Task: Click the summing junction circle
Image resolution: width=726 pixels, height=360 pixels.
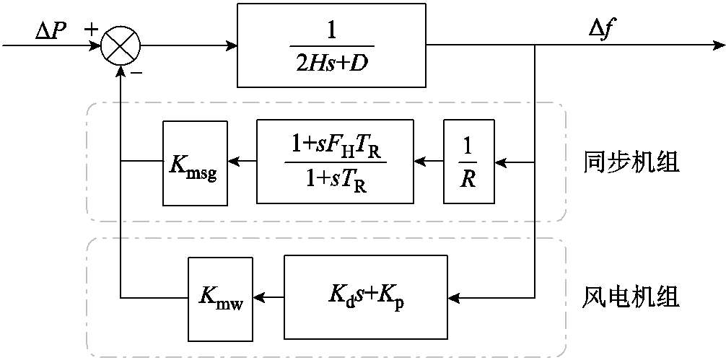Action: pos(120,46)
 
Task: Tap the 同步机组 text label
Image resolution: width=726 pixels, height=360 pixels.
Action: pos(631,163)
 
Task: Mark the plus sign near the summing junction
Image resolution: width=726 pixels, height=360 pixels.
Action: pos(92,30)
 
